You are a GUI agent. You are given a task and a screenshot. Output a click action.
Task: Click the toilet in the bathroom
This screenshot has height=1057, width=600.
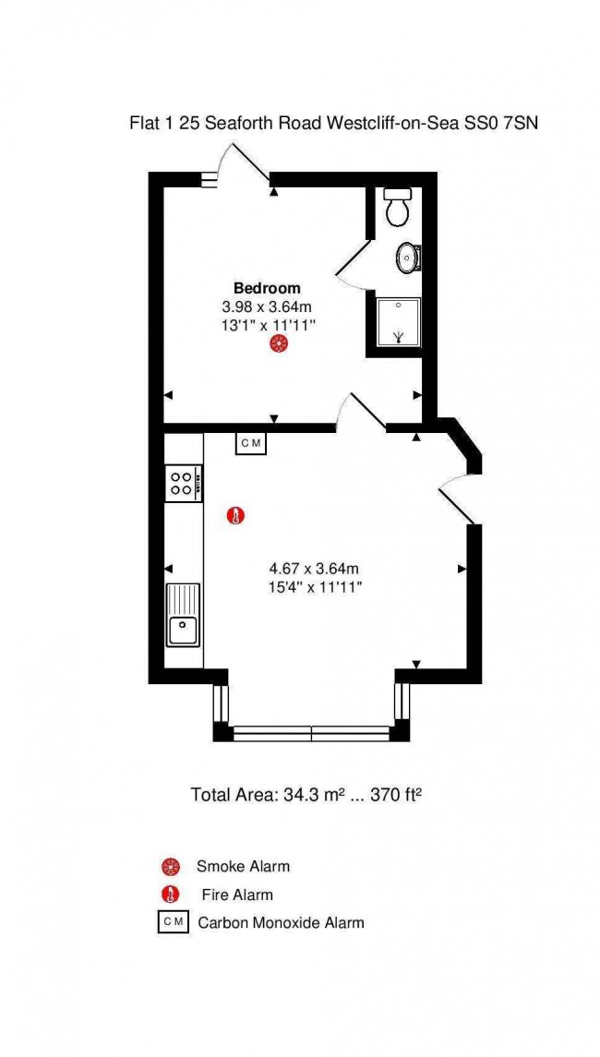[396, 207]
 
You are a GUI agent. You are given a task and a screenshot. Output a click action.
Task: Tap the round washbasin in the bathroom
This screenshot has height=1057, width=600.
[409, 257]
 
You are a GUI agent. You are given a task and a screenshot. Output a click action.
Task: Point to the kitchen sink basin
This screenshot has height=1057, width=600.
[182, 631]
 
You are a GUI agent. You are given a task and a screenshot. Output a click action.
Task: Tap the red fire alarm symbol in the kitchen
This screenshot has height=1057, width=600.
[234, 517]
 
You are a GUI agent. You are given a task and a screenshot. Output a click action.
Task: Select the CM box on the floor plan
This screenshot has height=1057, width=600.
[251, 443]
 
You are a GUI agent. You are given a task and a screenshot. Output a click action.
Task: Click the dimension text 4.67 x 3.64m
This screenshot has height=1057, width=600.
[316, 569]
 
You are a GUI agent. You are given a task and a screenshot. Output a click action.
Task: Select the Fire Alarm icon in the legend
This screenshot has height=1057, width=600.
[172, 895]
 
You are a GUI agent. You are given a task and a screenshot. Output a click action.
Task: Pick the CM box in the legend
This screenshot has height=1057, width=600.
[174, 922]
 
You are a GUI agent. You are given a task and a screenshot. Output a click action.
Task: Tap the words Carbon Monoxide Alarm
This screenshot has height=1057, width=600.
[281, 923]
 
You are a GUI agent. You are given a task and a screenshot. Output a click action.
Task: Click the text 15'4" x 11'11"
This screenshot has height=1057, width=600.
[316, 587]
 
